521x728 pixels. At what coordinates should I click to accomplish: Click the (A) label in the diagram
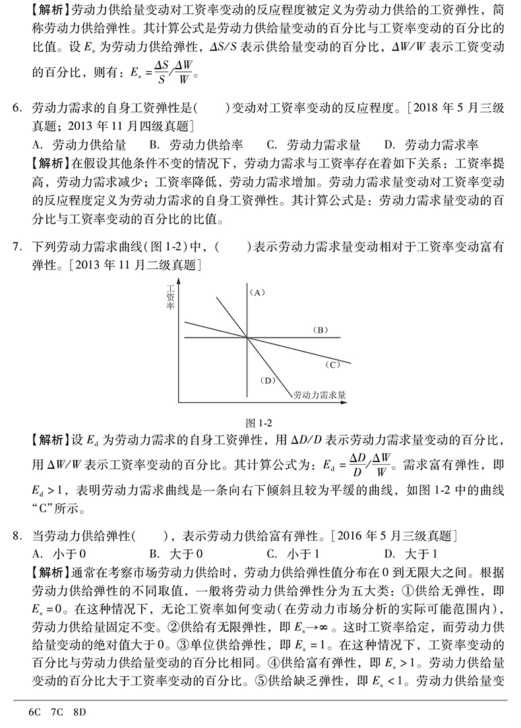257,291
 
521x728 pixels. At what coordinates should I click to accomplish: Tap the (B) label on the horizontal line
320,329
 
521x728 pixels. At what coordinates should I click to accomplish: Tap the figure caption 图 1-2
259,423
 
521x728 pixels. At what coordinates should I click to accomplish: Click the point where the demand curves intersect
247,338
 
